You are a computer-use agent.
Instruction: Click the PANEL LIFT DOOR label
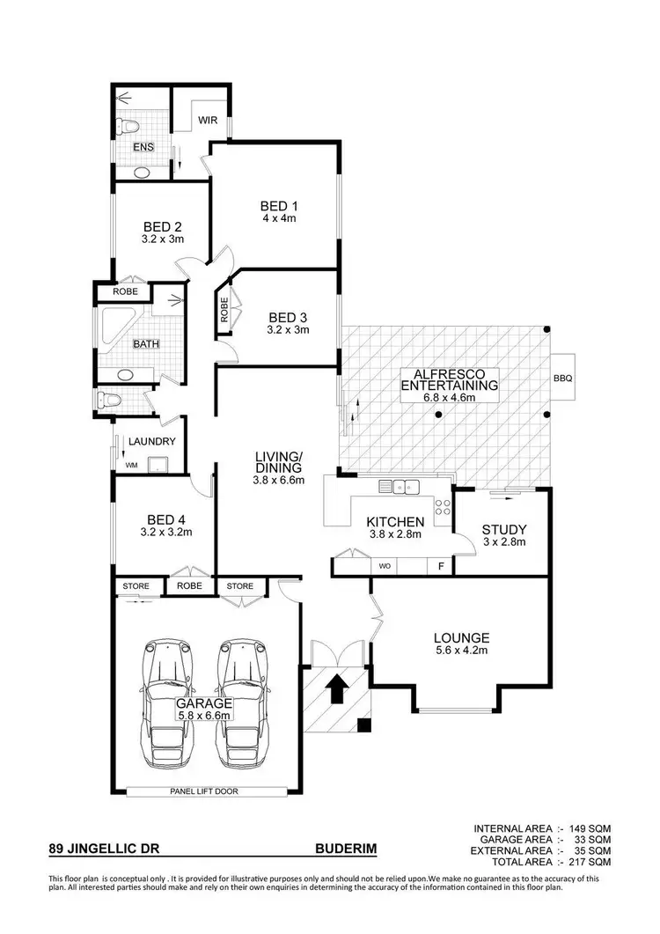pyautogui.click(x=204, y=791)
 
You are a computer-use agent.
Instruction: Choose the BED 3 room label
pyautogui.click(x=289, y=317)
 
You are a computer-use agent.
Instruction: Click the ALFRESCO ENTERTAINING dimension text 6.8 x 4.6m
pyautogui.click(x=450, y=397)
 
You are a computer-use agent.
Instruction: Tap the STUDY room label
pyautogui.click(x=503, y=529)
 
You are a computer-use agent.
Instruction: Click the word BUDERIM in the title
pyautogui.click(x=346, y=849)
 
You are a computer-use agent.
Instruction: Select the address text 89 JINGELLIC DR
pyautogui.click(x=104, y=849)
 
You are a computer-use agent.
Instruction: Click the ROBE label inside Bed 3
pyautogui.click(x=224, y=313)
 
